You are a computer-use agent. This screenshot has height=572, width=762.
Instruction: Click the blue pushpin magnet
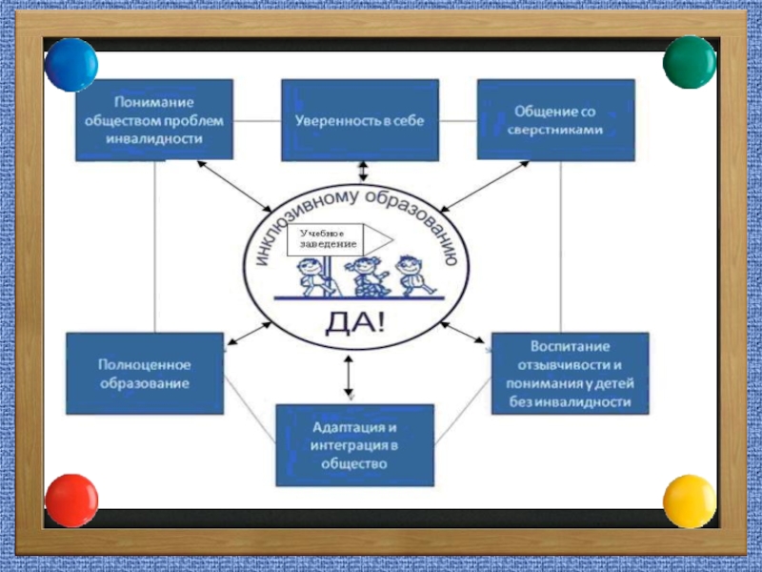click(71, 64)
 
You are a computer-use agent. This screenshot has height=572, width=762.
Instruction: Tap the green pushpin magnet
click(689, 62)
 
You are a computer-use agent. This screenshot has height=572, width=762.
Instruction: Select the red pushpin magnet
click(71, 500)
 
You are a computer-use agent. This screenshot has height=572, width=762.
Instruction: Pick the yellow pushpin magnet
click(689, 500)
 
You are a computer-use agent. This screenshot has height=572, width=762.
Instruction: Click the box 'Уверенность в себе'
click(359, 120)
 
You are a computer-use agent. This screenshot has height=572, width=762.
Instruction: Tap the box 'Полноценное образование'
click(144, 373)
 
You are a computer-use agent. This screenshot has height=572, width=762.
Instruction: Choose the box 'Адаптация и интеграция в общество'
click(354, 444)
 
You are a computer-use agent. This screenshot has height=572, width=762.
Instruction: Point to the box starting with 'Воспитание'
click(571, 373)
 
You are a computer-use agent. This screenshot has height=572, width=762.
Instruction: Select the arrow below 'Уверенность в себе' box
click(362, 171)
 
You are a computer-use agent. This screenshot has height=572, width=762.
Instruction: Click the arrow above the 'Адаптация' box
click(349, 375)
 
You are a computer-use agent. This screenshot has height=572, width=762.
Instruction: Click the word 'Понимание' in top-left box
click(152, 101)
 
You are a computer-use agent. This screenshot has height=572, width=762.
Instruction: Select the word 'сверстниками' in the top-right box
click(557, 131)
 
